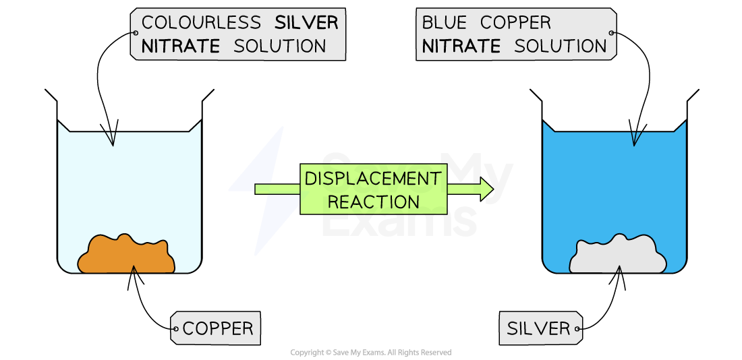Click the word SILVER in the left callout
[306, 22]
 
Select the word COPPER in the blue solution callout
[515, 22]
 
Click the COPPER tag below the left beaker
[218, 328]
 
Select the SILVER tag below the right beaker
[538, 328]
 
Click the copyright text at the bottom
[370, 353]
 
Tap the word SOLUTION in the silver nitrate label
[280, 46]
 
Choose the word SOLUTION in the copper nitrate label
[561, 46]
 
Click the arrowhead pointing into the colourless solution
[112, 139]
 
